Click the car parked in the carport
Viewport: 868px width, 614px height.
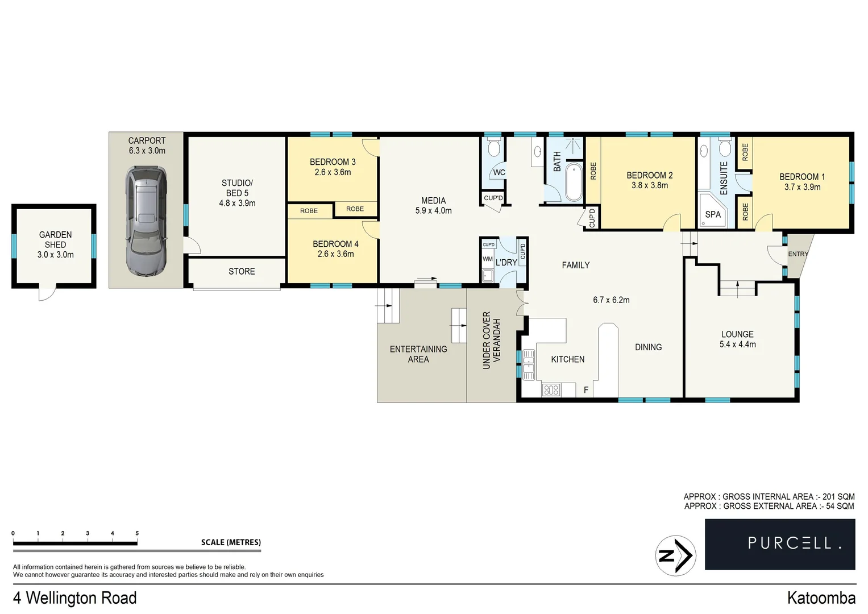pyautogui.click(x=146, y=221)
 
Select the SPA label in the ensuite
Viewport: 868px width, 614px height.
pyautogui.click(x=712, y=214)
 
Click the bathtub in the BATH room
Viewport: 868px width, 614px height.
pyautogui.click(x=574, y=182)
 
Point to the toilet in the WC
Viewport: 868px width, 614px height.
pyautogui.click(x=493, y=150)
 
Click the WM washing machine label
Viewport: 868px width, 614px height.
pyautogui.click(x=487, y=259)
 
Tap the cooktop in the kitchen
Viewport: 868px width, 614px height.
pyautogui.click(x=551, y=390)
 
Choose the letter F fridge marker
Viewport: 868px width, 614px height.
pyautogui.click(x=585, y=390)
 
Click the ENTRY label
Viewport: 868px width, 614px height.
pyautogui.click(x=797, y=254)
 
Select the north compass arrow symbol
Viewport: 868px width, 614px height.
pyautogui.click(x=675, y=555)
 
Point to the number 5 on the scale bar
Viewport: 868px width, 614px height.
pyautogui.click(x=137, y=533)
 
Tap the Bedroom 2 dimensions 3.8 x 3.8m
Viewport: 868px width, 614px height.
pyautogui.click(x=649, y=185)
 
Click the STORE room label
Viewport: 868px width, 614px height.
pyautogui.click(x=242, y=271)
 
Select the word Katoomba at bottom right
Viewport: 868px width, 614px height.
pyautogui.click(x=821, y=598)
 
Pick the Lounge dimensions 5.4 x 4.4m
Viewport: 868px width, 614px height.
pyautogui.click(x=737, y=344)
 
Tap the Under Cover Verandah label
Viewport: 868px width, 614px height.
pyautogui.click(x=492, y=340)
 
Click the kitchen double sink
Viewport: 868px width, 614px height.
pyautogui.click(x=529, y=364)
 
